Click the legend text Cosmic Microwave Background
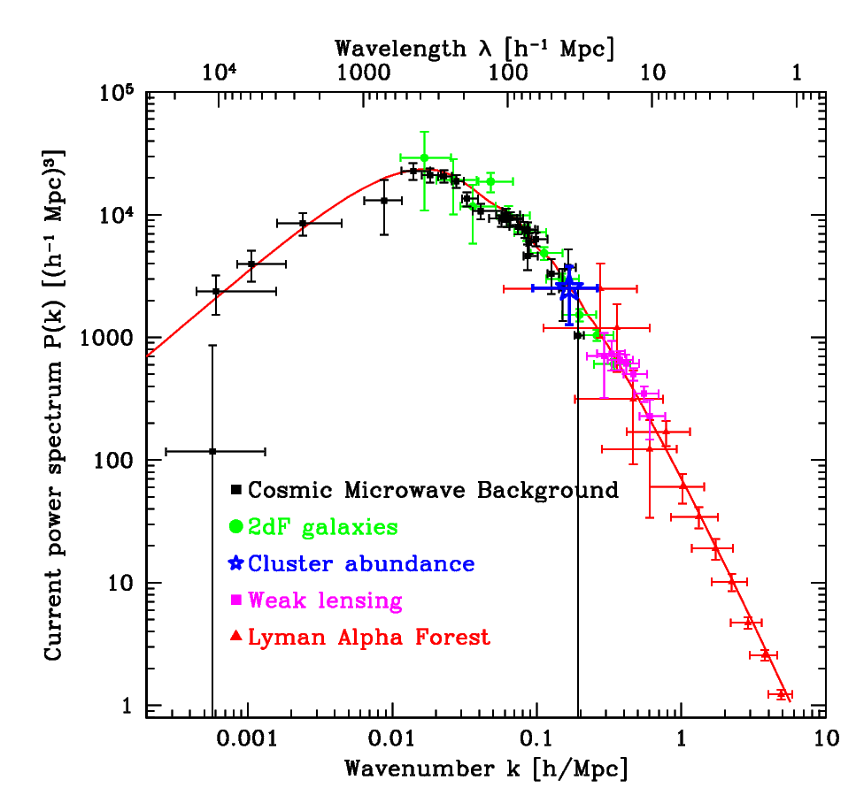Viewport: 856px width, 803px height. coord(433,490)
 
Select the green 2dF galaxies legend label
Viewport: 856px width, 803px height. coord(323,527)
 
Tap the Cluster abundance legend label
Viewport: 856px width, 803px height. coord(361,563)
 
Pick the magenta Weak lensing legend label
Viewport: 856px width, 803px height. coord(325,600)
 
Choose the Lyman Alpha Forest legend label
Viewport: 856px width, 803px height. coord(369,637)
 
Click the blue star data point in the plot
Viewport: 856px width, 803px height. coord(568,287)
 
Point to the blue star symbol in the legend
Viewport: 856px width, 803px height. coord(236,563)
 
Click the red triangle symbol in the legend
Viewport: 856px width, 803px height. coord(236,637)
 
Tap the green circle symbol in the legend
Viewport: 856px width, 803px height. coord(236,527)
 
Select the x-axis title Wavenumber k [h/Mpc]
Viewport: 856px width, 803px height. coord(487,769)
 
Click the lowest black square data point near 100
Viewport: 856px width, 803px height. coord(212,451)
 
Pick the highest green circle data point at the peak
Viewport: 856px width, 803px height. coord(424,157)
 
